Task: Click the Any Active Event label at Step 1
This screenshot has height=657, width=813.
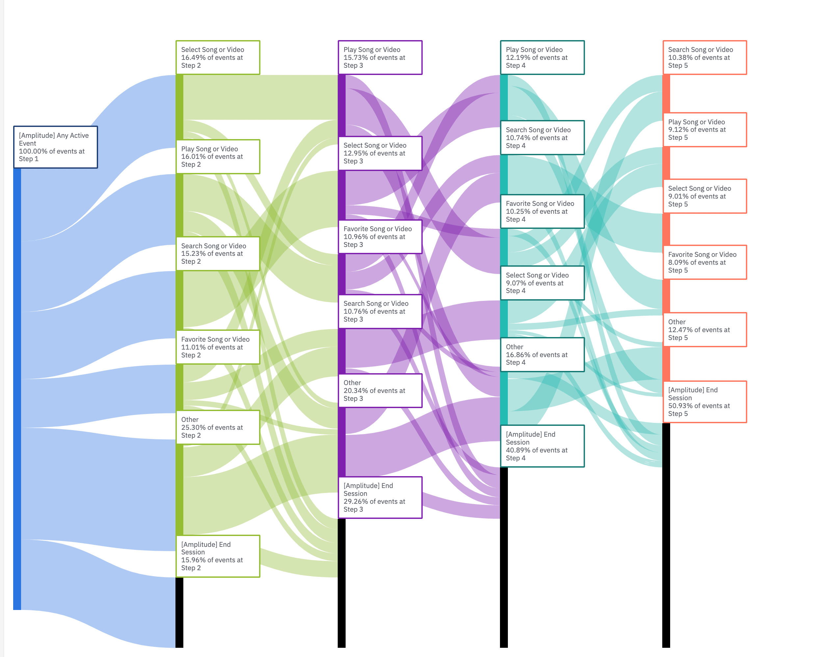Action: pos(55,147)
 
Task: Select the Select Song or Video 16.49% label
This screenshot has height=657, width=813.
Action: pos(218,58)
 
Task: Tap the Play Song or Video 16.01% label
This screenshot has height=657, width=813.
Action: pos(218,157)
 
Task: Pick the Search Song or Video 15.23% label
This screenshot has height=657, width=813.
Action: pos(218,254)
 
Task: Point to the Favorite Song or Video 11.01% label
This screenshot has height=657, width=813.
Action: pos(218,347)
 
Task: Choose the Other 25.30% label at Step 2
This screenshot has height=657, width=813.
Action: pos(218,427)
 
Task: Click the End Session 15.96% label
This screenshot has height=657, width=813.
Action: pos(218,556)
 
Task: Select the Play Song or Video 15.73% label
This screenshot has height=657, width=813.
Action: pos(380,58)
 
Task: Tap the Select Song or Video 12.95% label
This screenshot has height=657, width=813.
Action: pos(380,153)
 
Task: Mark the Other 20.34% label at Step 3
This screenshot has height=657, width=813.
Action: pos(380,391)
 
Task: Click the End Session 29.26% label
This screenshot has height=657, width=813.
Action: pos(380,497)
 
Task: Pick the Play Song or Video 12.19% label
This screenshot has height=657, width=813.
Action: pos(542,58)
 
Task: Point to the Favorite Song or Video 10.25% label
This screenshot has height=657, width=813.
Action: pos(542,211)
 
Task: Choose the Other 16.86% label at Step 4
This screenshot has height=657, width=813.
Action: pos(542,354)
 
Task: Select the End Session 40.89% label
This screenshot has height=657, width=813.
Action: pos(542,446)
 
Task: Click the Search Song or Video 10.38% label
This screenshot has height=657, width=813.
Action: pos(705,58)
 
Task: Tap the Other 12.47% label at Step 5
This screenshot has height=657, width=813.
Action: pos(705,329)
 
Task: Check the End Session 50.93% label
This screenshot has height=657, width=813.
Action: pos(705,402)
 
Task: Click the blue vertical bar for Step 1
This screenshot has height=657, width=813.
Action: pos(17,386)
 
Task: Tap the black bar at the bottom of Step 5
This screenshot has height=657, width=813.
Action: pos(666,534)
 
